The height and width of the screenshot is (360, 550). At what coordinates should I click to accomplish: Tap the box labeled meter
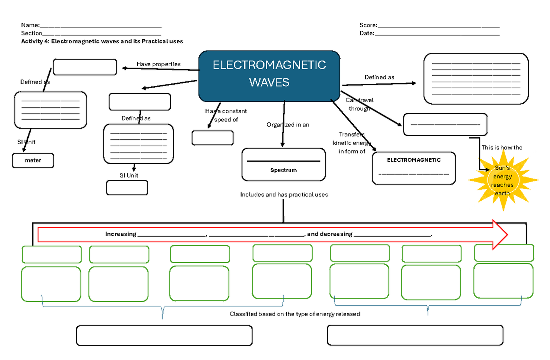pyautogui.click(x=33, y=161)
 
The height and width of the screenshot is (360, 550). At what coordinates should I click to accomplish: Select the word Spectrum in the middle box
pyautogui.click(x=283, y=170)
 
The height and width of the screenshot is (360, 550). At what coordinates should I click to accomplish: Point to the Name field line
pyautogui.click(x=101, y=26)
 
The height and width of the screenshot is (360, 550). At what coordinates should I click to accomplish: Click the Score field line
pyautogui.click(x=438, y=26)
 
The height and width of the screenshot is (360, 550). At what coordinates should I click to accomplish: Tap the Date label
pyautogui.click(x=367, y=33)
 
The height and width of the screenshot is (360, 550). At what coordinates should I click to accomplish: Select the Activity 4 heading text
pyautogui.click(x=102, y=41)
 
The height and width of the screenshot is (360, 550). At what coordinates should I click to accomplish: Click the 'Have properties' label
pyautogui.click(x=159, y=64)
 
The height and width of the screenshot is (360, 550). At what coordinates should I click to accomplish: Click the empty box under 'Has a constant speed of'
pyautogui.click(x=212, y=138)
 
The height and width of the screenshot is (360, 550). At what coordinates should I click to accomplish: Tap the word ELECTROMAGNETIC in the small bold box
pyautogui.click(x=414, y=160)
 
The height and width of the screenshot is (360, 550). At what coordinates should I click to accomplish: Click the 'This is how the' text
pyautogui.click(x=502, y=148)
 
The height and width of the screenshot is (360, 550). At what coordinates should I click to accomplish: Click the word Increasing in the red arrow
pyautogui.click(x=121, y=234)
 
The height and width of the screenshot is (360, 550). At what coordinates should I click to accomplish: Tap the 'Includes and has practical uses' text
pyautogui.click(x=284, y=195)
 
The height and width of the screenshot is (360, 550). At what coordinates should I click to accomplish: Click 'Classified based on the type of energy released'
pyautogui.click(x=295, y=314)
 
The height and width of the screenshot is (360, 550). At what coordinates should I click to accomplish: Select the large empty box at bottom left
pyautogui.click(x=164, y=336)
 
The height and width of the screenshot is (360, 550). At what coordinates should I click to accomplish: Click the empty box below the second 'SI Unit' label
pyautogui.click(x=127, y=188)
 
